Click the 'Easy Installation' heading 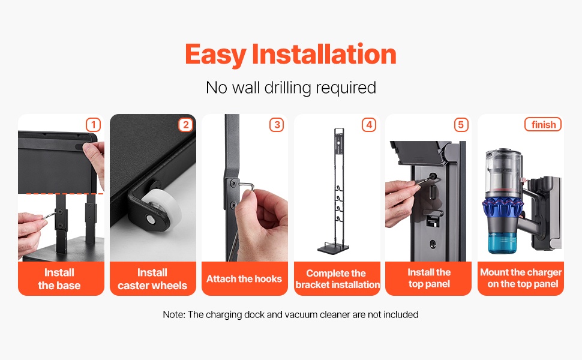[x=290, y=55]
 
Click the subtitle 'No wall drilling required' [x=291, y=88]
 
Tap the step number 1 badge [x=93, y=125]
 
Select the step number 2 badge [x=185, y=125]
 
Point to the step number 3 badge [x=277, y=125]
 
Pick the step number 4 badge [x=369, y=125]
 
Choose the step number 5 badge [x=461, y=125]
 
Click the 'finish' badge [x=543, y=124]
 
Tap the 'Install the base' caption [x=59, y=279]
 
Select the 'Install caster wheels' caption [x=152, y=279]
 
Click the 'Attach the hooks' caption [x=244, y=279]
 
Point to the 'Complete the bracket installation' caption [x=337, y=279]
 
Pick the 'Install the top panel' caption [x=429, y=278]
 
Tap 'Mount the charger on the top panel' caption [x=521, y=278]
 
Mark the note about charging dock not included [x=290, y=315]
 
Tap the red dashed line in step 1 [x=65, y=194]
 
